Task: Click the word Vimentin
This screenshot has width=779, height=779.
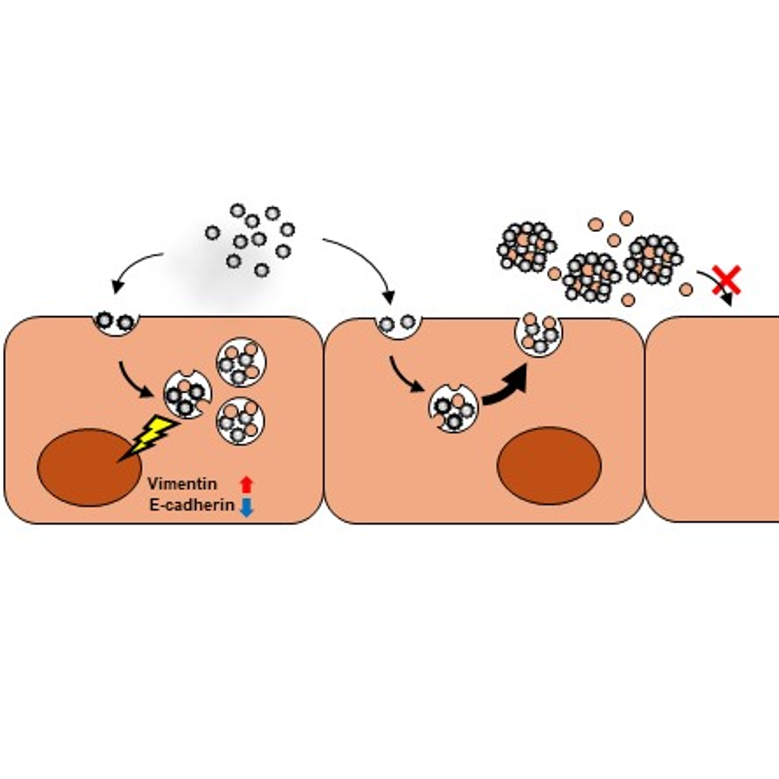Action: tap(182, 484)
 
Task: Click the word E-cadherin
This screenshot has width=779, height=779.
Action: tap(192, 505)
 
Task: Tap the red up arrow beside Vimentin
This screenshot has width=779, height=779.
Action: tap(246, 484)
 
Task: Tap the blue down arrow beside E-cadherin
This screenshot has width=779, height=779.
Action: tap(246, 507)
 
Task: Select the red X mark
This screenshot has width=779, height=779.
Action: tap(727, 280)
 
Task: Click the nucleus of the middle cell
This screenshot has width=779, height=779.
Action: tap(549, 466)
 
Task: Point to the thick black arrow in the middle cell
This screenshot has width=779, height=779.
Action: tap(506, 386)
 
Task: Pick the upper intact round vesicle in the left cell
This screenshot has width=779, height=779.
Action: tap(241, 362)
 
